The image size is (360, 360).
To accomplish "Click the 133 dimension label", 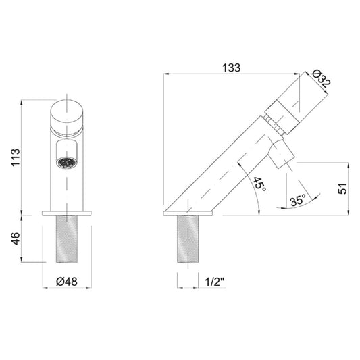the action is click(231, 68).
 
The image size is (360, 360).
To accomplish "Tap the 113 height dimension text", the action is click(16, 157).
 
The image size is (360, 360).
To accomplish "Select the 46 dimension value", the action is click(16, 238).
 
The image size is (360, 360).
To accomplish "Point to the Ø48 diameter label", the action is click(67, 282).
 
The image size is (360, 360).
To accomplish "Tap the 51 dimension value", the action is click(343, 188).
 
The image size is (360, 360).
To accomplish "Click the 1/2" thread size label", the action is click(215, 282).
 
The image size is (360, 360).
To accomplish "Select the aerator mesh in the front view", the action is click(67, 162).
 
